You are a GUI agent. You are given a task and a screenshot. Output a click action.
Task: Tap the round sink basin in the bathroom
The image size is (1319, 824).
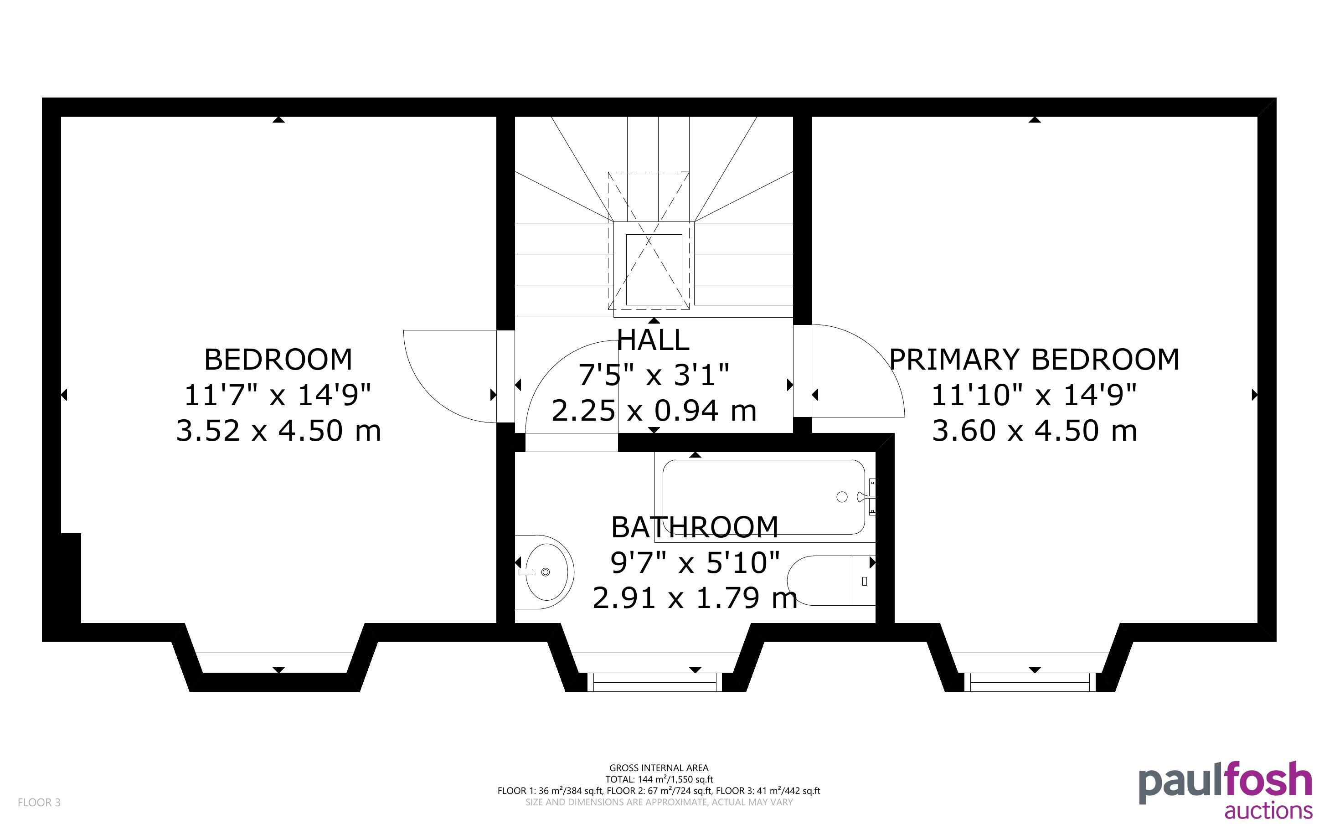543,572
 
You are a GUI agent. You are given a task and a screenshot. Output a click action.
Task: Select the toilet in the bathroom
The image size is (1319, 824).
831,580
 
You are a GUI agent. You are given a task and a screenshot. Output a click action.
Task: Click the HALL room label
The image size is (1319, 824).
653,340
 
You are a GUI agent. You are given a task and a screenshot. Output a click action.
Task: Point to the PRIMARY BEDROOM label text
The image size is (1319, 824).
1034,359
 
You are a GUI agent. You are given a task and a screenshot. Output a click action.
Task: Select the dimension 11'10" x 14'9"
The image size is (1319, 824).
1034,395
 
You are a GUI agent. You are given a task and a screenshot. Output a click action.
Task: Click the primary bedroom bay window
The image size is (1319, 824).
1030,682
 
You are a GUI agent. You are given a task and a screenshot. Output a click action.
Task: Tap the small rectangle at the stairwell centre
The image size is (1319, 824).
654,270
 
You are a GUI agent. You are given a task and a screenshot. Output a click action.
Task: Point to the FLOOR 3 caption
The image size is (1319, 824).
39,802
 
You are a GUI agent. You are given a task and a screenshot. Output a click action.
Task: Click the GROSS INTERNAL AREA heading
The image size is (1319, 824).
659,768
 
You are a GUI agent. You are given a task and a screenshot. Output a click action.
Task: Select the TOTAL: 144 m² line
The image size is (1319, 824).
659,779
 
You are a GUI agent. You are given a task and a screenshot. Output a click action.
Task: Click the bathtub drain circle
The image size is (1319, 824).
842,497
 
